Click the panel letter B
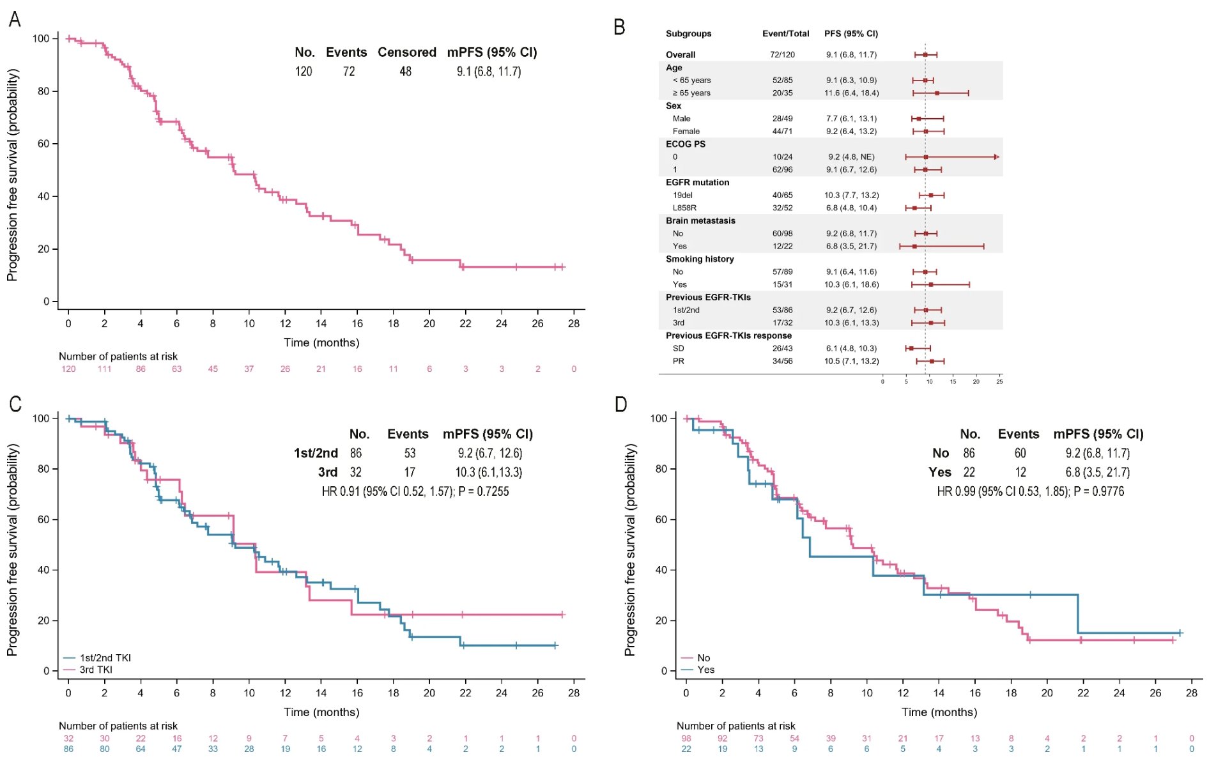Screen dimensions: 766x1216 pos(619,27)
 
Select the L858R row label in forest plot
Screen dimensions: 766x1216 pos(684,208)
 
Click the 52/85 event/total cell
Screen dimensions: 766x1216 pos(782,80)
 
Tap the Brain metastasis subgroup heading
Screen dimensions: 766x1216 pos(700,220)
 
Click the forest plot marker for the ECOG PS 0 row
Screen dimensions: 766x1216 pos(925,157)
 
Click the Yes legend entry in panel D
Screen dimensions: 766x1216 pos(705,670)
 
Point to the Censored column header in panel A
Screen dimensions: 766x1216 pos(406,52)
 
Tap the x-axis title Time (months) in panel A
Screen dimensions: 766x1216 pos(321,342)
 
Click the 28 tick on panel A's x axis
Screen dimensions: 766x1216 pos(574,323)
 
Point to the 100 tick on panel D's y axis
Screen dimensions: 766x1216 pos(658,418)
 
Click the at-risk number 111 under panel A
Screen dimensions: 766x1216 pos(104,369)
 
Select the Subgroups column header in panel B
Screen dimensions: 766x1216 pos(688,34)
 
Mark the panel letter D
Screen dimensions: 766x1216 pos(620,404)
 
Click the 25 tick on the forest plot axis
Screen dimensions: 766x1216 pos(999,381)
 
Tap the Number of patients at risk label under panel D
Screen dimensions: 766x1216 pos(735,726)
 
